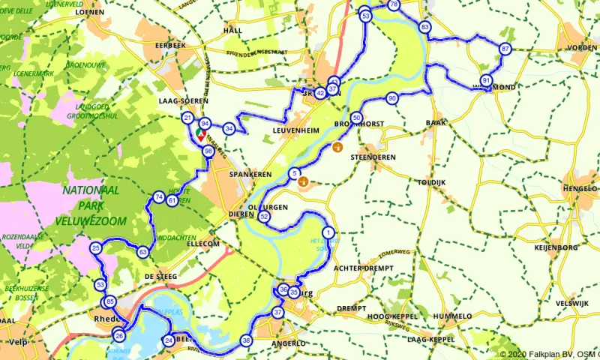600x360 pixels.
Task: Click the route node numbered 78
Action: tap(394, 5)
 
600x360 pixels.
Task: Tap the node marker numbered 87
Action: tap(505, 49)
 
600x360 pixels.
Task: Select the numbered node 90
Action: tap(391, 98)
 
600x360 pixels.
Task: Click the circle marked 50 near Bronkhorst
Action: tap(356, 118)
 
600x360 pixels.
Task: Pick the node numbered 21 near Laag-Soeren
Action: tap(187, 118)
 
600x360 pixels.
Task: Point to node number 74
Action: tap(158, 197)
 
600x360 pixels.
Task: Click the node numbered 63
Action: tap(142, 252)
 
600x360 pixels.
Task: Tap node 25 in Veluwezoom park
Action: tap(95, 247)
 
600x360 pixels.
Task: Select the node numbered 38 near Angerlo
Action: tap(246, 340)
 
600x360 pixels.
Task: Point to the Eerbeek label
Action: tap(169, 46)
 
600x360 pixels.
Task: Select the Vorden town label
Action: tap(582, 47)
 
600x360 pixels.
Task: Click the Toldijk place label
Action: tap(431, 182)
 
